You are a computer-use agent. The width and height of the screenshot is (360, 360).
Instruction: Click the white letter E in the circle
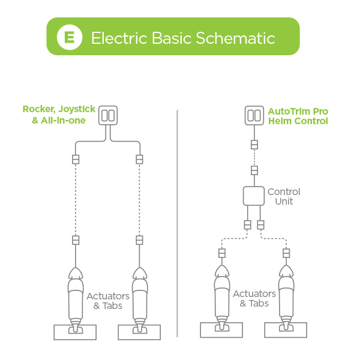tap(70, 37)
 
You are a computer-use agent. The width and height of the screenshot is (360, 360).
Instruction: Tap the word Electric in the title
tap(115, 38)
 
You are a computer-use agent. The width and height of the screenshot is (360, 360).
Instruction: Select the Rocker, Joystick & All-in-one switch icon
tap(109, 115)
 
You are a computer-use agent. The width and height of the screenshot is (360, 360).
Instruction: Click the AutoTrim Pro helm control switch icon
tap(254, 115)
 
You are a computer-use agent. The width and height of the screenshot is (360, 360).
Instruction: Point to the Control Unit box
tap(254, 196)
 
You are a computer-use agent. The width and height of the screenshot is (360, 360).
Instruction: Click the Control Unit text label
tap(284, 196)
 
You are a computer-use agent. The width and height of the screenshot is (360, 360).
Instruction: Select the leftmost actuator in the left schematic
tap(76, 297)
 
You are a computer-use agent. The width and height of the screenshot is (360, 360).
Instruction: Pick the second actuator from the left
tap(140, 297)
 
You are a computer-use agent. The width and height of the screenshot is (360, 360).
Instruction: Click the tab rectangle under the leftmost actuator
tap(76, 332)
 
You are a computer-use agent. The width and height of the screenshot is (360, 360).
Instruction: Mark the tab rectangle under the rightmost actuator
tap(286, 329)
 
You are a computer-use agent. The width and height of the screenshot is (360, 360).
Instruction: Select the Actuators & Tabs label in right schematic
tap(254, 298)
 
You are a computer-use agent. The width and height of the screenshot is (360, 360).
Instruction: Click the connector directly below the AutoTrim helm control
tap(254, 145)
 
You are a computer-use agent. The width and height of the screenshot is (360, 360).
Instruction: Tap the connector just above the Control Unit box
tap(254, 170)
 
